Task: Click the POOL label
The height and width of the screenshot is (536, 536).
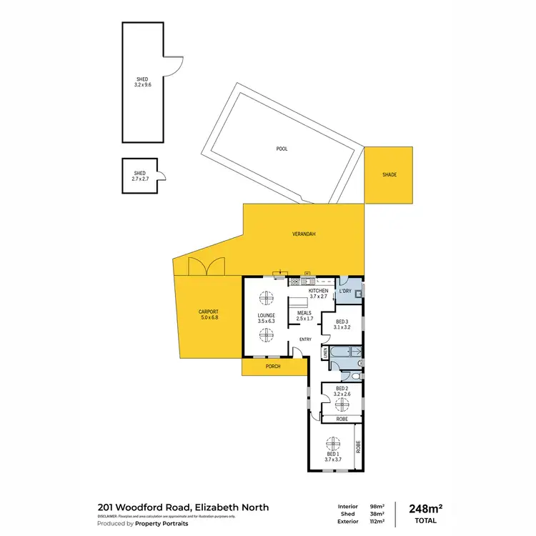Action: point(282,149)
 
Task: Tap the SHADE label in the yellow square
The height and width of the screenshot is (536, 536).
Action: point(389,174)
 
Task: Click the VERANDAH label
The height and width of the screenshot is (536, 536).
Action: point(304,234)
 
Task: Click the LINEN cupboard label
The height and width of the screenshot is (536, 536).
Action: point(325,352)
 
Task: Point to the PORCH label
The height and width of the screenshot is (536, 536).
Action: point(272,367)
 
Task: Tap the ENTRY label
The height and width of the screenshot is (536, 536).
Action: point(305,339)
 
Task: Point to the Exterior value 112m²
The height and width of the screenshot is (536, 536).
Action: point(377,521)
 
